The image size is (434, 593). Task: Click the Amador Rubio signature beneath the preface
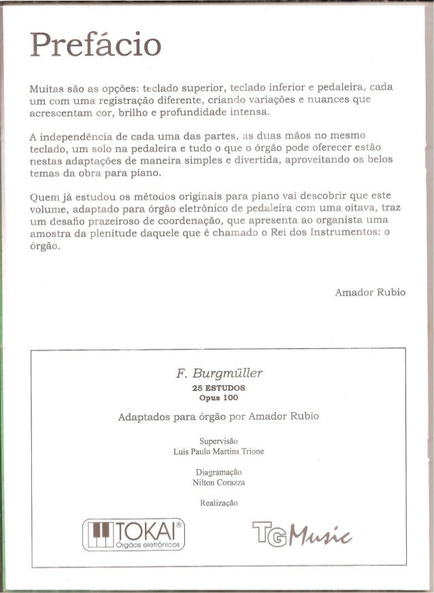370,292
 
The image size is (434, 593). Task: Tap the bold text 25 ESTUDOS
218,388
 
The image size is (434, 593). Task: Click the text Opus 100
218,397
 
